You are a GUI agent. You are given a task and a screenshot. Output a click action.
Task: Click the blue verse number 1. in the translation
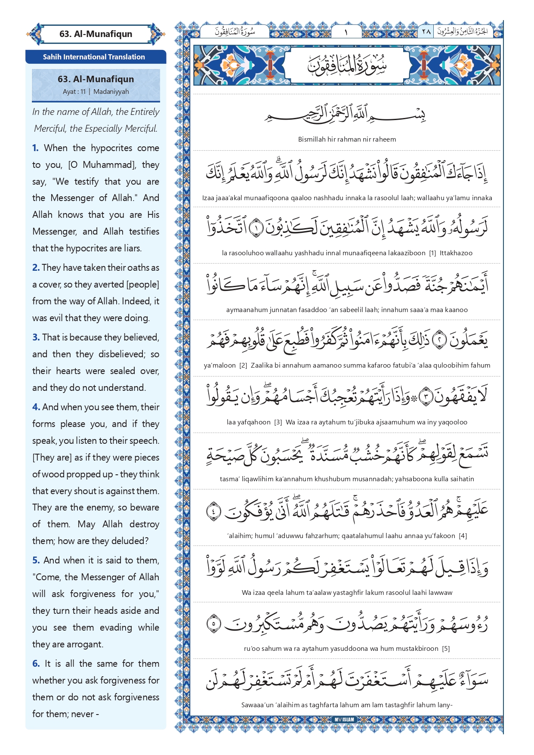point(35,148)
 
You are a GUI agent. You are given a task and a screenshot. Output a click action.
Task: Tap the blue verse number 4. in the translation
point(36,407)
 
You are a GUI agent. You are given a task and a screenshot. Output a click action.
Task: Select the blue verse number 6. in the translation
point(36,664)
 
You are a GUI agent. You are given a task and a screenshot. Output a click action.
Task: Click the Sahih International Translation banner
point(94,57)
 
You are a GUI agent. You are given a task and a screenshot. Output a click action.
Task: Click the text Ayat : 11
point(74,92)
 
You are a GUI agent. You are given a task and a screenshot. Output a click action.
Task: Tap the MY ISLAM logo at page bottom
point(344,719)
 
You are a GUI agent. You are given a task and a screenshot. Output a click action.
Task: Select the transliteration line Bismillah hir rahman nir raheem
point(347,139)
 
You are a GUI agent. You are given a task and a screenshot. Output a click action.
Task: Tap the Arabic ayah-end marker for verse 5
point(214,623)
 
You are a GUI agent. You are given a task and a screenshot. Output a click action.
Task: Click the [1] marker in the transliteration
point(432,253)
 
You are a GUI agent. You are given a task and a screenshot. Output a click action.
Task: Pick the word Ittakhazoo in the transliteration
point(456,253)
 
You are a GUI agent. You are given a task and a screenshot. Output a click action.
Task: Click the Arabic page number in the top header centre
point(346,32)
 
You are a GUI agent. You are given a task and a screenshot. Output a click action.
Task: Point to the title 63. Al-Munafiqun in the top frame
point(96,34)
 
